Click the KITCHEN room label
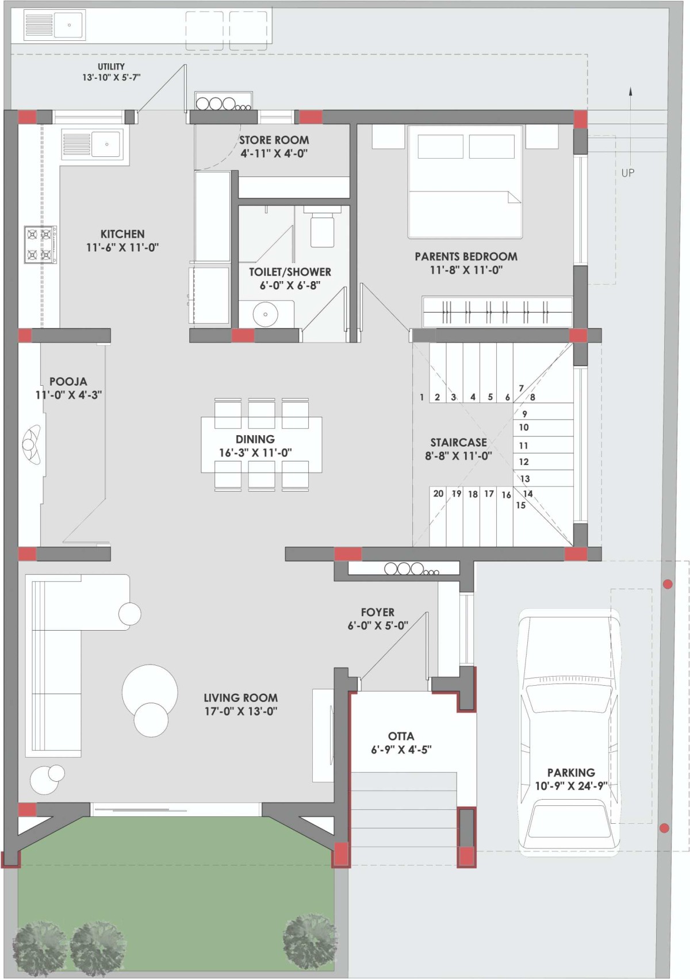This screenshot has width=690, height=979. tap(122, 234)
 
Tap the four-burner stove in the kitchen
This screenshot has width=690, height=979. tap(40, 244)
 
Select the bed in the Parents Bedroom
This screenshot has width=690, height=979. tap(465, 182)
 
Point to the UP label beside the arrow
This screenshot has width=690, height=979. tap(627, 173)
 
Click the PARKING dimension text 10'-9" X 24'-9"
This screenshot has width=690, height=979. tap(571, 786)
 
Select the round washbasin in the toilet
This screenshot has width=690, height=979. tap(265, 314)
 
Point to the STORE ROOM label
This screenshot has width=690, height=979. tap(274, 140)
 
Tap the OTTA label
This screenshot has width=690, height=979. tap(401, 736)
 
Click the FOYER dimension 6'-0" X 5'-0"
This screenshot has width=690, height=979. tap(378, 625)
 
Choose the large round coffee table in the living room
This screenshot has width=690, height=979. tap(150, 692)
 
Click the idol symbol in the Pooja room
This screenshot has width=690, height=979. tap(31, 444)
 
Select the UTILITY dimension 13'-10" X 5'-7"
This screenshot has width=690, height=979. tap(111, 78)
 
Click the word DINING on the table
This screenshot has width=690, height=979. tap(255, 439)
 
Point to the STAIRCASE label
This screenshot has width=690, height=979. tap(458, 442)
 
